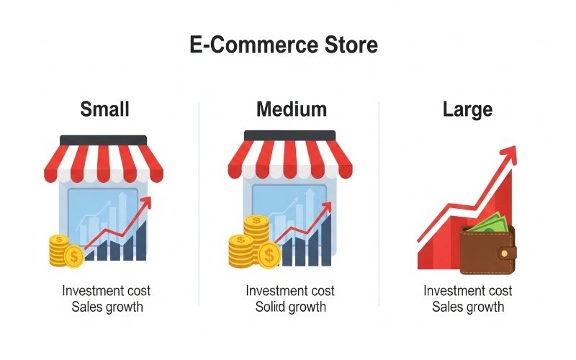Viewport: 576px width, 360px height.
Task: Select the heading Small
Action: (105, 109)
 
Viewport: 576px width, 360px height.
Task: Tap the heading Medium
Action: (291, 109)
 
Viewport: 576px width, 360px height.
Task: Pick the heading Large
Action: (467, 109)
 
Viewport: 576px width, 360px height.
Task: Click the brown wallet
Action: (487, 248)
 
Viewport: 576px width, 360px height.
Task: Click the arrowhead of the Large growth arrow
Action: (509, 153)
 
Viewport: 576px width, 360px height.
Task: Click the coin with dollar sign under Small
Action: (73, 256)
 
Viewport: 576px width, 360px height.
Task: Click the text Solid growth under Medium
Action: (290, 307)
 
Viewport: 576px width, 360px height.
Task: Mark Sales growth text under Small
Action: (106, 307)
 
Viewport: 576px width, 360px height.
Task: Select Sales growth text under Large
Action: (467, 307)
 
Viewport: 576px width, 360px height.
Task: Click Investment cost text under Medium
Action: (290, 291)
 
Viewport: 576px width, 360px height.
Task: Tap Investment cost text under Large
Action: (467, 291)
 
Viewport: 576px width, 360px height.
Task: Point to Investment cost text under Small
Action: (106, 291)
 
